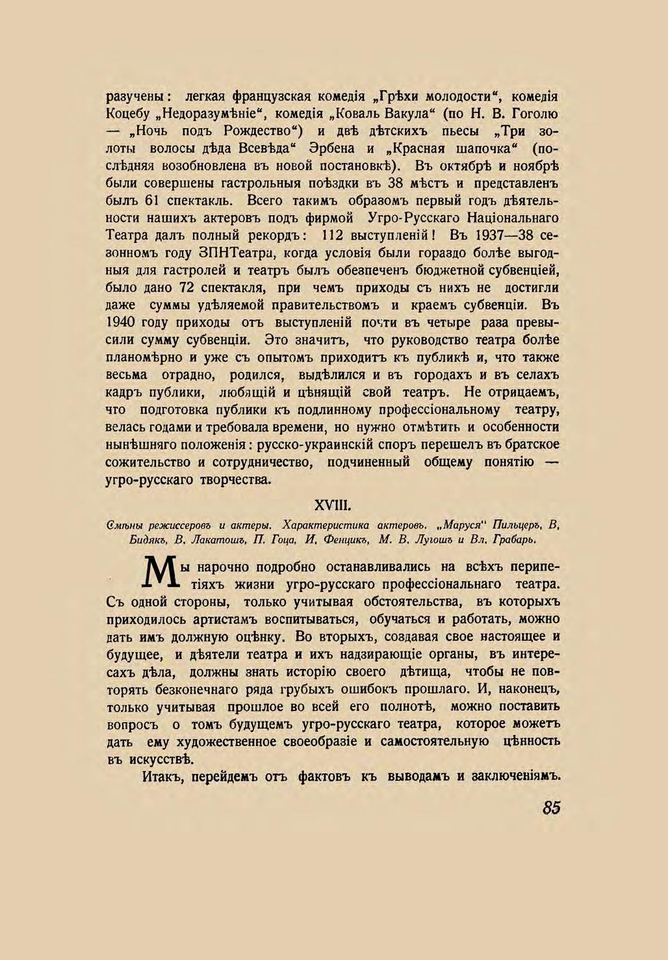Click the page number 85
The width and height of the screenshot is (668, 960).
pos(550,808)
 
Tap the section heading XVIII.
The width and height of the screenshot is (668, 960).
pos(333,505)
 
